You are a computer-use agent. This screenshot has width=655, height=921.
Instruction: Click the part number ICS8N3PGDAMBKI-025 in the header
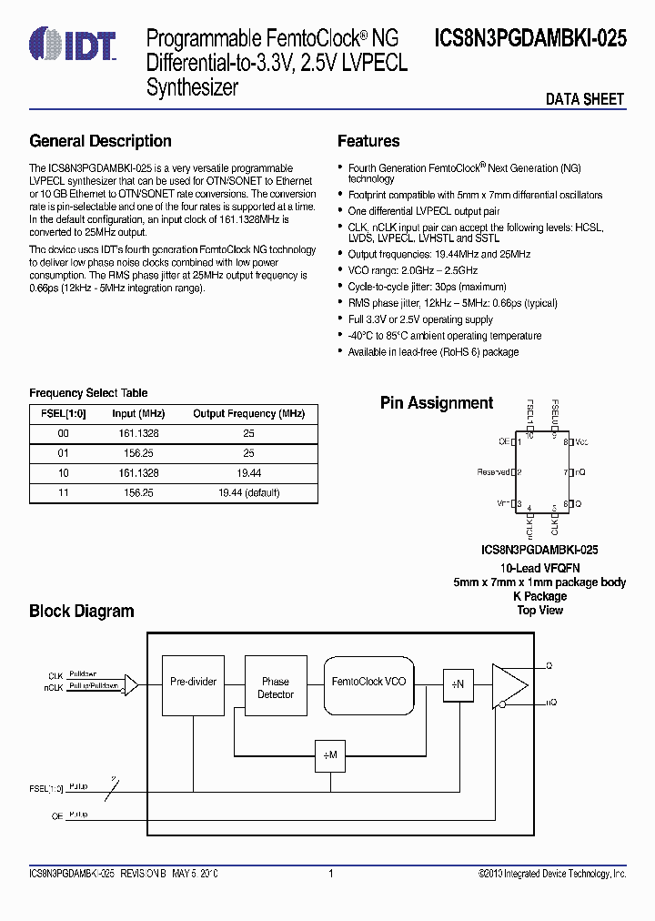click(x=530, y=39)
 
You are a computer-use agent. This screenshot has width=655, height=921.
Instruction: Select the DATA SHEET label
click(x=584, y=99)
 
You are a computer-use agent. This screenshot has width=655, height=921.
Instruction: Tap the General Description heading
click(x=100, y=141)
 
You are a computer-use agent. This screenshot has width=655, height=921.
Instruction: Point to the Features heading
click(x=368, y=141)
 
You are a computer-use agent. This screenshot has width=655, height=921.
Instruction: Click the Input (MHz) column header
click(x=136, y=414)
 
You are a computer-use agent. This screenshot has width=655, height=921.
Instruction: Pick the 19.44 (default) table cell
click(x=248, y=492)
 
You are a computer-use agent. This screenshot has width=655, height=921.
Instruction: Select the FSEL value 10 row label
click(x=63, y=473)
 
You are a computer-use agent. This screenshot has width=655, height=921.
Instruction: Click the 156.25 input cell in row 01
click(x=136, y=453)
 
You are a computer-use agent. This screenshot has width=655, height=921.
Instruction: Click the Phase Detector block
click(x=276, y=688)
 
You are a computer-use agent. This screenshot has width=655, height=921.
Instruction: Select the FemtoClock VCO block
click(x=368, y=682)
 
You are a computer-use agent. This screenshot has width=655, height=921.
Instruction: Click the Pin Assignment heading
click(x=437, y=403)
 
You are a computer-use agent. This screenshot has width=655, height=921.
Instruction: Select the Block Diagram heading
click(x=82, y=612)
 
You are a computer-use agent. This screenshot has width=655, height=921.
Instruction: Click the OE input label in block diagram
click(x=56, y=816)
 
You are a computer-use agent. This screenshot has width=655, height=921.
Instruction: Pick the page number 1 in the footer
click(x=331, y=874)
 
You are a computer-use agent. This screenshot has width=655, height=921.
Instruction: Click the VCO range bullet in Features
click(x=413, y=270)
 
